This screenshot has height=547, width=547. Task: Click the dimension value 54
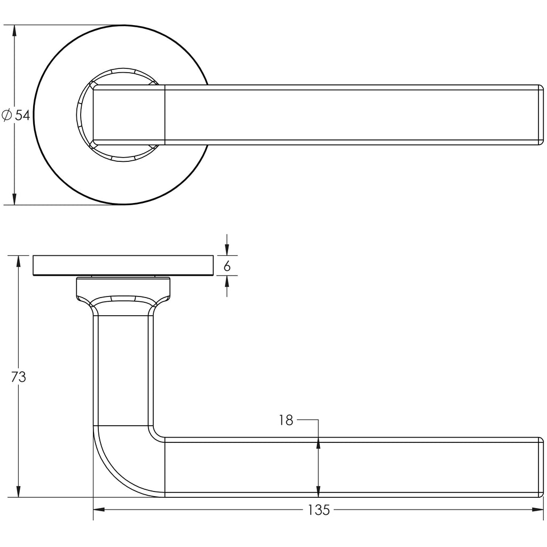(22, 115)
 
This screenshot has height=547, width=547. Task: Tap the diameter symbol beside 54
(6, 115)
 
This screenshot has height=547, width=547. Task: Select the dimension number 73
(19, 377)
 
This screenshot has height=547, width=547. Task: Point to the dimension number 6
(227, 267)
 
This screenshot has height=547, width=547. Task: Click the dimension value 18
(286, 420)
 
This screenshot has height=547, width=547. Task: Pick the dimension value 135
(319, 510)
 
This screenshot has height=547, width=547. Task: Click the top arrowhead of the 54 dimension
(14, 30)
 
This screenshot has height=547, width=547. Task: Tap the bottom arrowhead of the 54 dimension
(14, 199)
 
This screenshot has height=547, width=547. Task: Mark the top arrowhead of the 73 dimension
(19, 261)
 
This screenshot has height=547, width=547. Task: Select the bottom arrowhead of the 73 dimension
(19, 491)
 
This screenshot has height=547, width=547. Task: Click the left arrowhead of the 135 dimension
(99, 510)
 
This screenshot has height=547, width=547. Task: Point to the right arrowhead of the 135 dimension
(537, 510)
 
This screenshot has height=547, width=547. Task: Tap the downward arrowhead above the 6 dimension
(227, 250)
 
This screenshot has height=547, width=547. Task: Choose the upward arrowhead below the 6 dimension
(227, 281)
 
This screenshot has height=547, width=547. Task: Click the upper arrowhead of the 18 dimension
(318, 443)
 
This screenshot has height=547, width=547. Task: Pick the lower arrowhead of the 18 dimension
(318, 491)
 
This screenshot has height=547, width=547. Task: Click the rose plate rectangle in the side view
(123, 265)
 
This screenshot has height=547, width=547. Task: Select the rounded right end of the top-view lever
(541, 115)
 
